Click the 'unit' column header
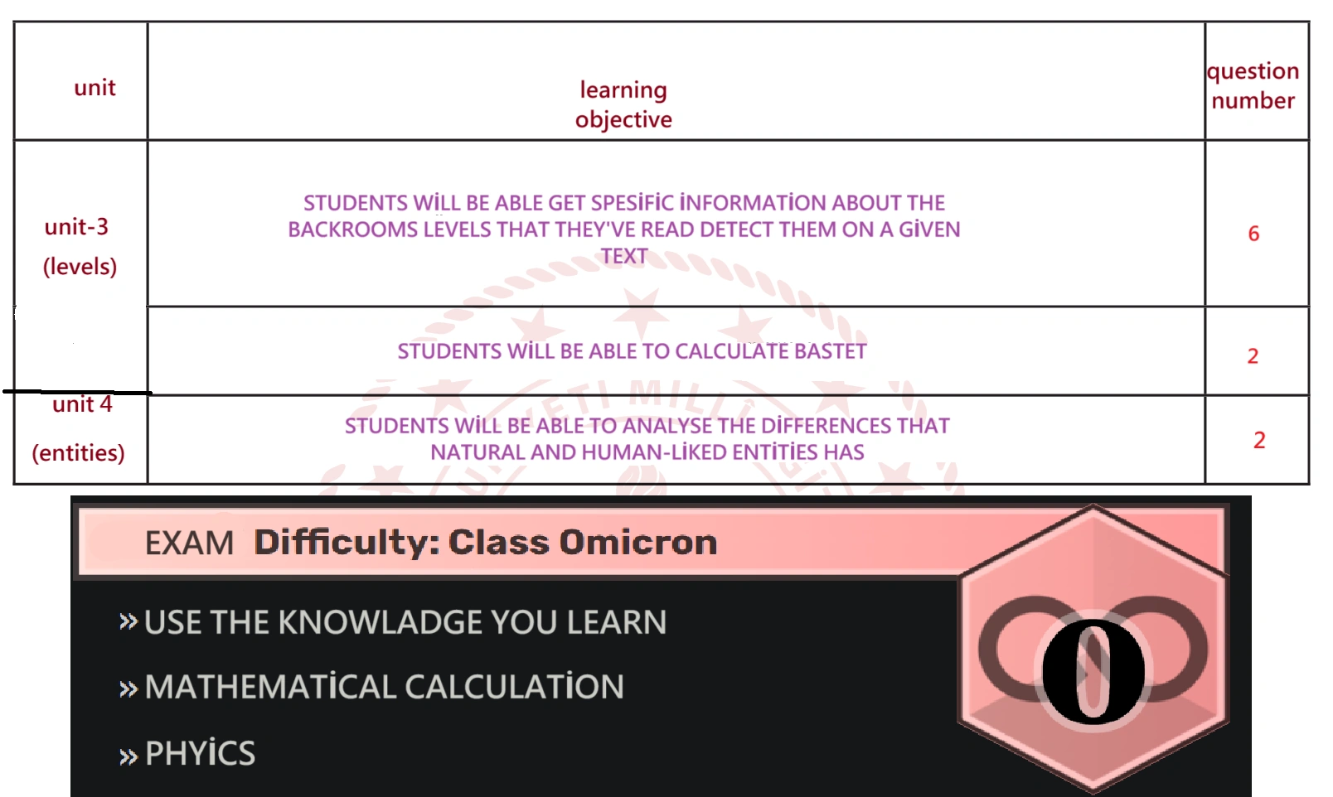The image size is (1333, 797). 95,88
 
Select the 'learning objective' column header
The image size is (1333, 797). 623,104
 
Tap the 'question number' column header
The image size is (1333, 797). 1253,85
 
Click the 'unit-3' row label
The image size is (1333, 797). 77,227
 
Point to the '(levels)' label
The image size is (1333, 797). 80,267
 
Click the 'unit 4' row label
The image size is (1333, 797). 82,404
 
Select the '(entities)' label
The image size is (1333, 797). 78,453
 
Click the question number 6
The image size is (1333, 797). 1254,233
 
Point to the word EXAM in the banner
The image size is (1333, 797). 189,543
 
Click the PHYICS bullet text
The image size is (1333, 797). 200,753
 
